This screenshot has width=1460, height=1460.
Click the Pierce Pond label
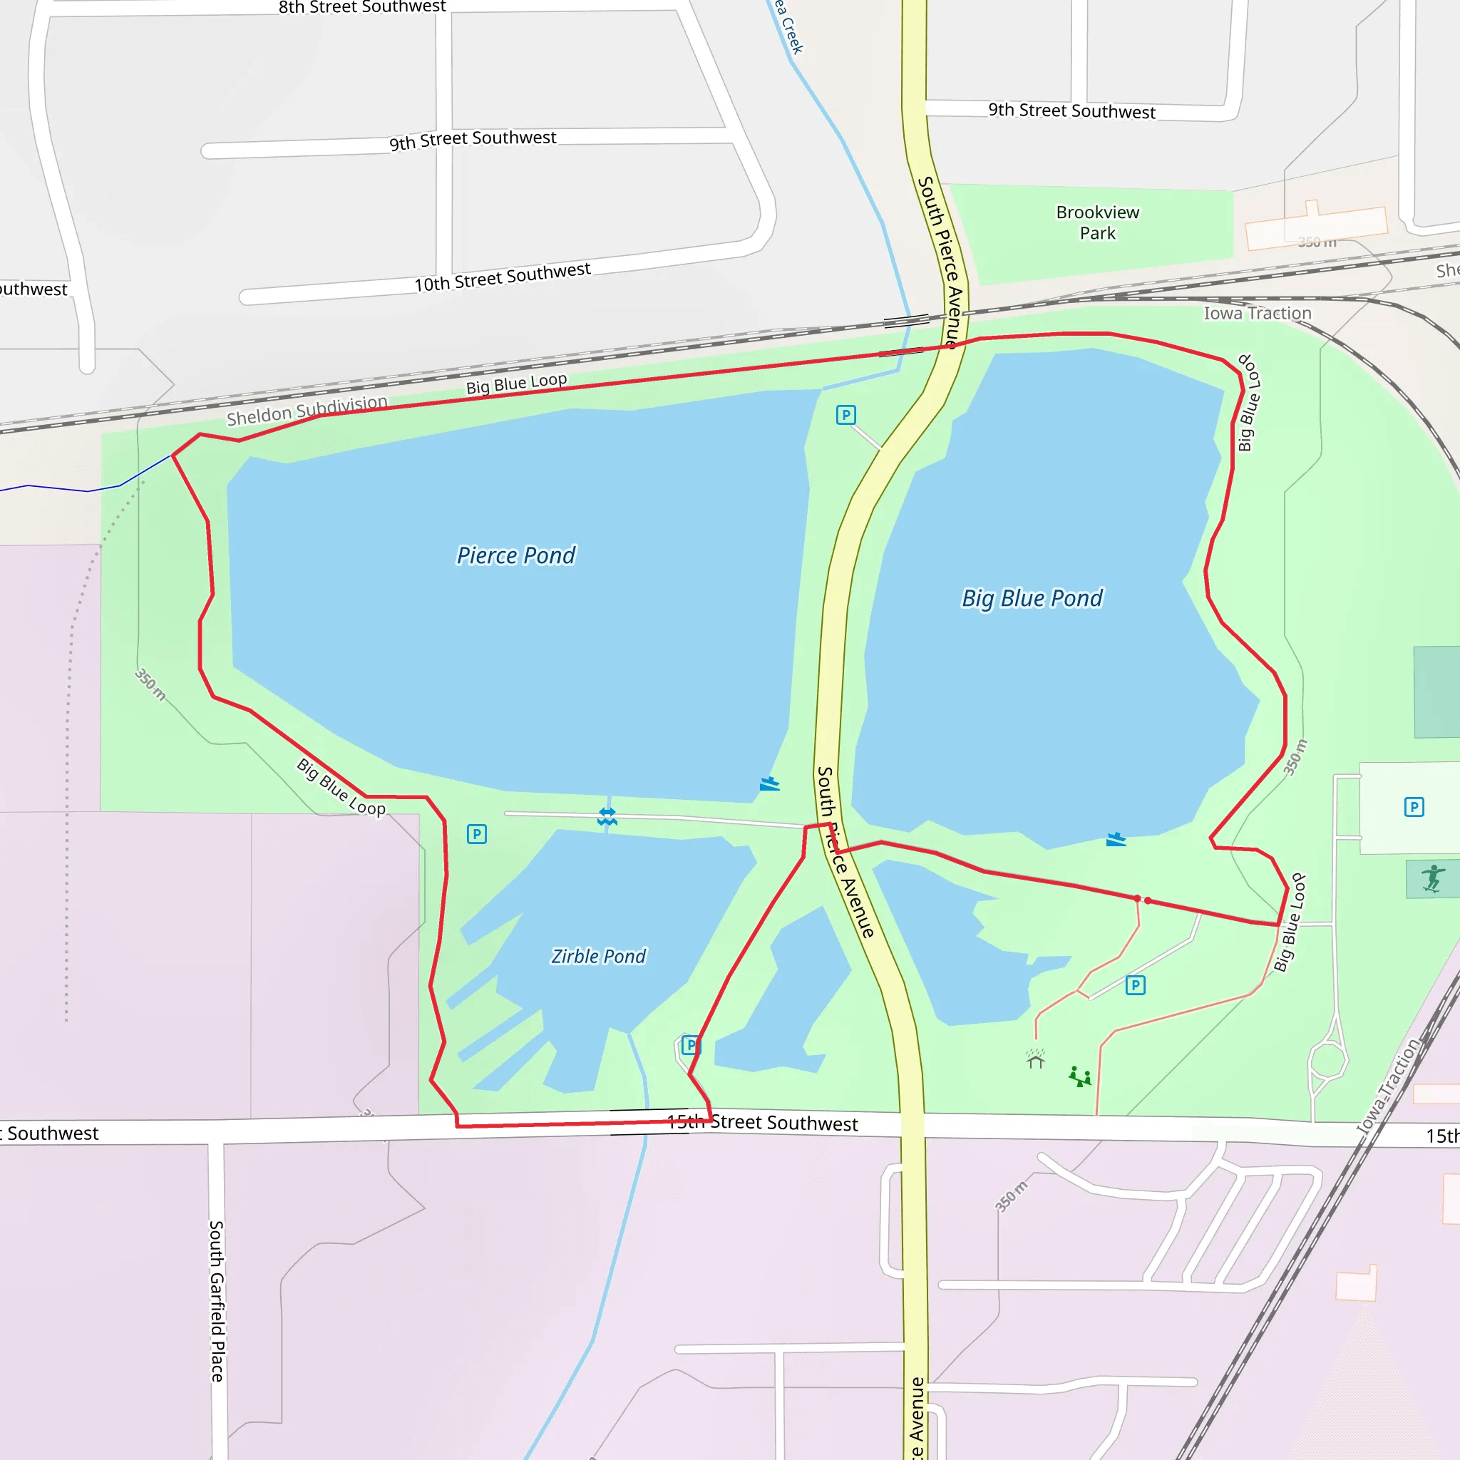point(515,555)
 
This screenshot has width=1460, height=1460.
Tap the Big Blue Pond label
point(1032,599)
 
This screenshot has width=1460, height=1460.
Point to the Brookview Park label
point(1097,222)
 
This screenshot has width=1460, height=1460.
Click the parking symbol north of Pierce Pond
point(845,415)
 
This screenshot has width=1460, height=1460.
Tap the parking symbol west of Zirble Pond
point(477,834)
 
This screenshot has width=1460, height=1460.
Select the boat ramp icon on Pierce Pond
point(769,784)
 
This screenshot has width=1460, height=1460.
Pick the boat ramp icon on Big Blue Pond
point(1116,840)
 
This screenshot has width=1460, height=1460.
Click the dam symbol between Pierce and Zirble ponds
point(607,817)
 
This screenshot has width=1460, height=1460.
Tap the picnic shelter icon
point(1035,1059)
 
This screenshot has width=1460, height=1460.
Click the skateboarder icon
point(1432,880)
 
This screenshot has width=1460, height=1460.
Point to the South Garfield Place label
point(217,1301)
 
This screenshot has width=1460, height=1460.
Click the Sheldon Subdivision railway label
point(307,411)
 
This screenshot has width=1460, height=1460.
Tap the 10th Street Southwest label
point(502,277)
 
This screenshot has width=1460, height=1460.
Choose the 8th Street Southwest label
point(362,8)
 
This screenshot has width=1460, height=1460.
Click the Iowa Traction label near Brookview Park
point(1257,313)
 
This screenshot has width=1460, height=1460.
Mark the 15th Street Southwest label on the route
point(763,1123)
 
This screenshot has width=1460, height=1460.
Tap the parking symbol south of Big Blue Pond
point(1135,985)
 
